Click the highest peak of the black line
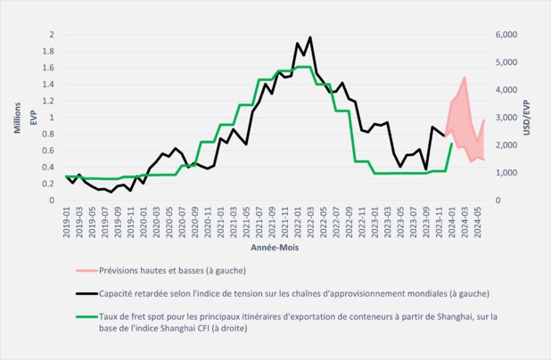point(309,37)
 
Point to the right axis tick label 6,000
point(505,35)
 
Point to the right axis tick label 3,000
point(505,118)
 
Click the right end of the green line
point(452,143)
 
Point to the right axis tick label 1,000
point(505,173)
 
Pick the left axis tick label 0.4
point(52,168)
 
